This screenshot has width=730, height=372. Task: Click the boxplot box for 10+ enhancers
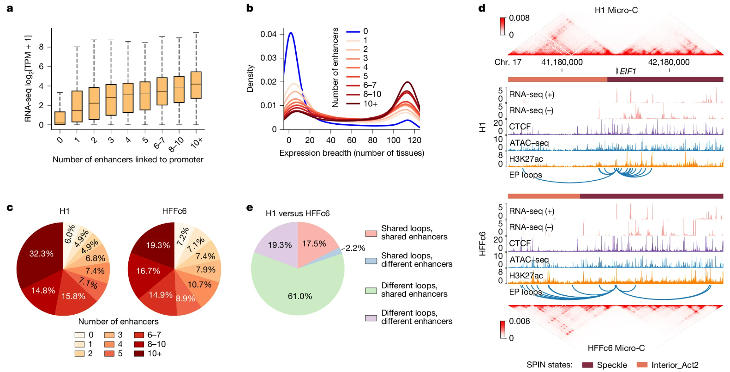[196, 85]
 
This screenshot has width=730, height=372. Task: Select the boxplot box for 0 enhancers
[60, 118]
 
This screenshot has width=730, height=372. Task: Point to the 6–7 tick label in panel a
[159, 144]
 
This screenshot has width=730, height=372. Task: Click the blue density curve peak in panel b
[291, 33]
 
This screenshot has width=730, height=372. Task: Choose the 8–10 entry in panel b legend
[372, 94]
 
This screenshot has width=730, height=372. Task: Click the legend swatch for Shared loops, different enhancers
[371, 261]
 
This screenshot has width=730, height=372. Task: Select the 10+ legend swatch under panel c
[139, 354]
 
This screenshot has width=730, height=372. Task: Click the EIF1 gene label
[628, 71]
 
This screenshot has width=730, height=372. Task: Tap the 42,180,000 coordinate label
[669, 62]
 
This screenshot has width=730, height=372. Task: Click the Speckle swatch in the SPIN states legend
[587, 365]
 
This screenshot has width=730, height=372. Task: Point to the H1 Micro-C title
[616, 10]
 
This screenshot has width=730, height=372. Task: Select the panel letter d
[482, 8]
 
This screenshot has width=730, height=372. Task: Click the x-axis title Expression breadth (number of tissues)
[352, 153]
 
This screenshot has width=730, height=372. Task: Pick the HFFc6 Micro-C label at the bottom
[616, 348]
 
